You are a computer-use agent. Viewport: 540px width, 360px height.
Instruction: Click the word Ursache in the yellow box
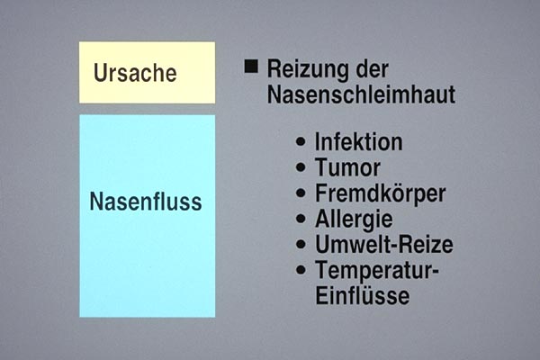point(135,73)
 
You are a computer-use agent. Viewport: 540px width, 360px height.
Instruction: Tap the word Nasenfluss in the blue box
point(146,202)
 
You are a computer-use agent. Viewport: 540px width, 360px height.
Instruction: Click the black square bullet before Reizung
point(251,67)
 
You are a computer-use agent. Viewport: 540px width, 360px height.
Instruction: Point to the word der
point(373,69)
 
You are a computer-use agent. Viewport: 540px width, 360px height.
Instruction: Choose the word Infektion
point(358,141)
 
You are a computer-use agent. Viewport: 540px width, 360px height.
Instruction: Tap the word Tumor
point(347,167)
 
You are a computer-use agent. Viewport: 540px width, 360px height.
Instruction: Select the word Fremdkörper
point(380,194)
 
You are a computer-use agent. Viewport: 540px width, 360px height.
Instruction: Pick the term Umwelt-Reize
point(384,244)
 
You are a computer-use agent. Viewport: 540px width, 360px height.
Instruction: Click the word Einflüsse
point(363,295)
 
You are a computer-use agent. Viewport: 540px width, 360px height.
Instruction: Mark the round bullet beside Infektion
point(301,141)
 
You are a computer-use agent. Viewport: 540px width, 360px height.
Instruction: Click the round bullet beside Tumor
point(301,167)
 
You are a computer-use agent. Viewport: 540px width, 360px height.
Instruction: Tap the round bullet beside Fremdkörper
point(301,193)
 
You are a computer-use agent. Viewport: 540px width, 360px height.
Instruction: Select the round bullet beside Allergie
point(301,219)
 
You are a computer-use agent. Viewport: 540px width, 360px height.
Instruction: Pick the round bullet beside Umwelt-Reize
point(301,244)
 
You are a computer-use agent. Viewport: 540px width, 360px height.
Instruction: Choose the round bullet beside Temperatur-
point(301,270)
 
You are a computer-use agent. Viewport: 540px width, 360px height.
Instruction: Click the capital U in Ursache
point(100,73)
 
